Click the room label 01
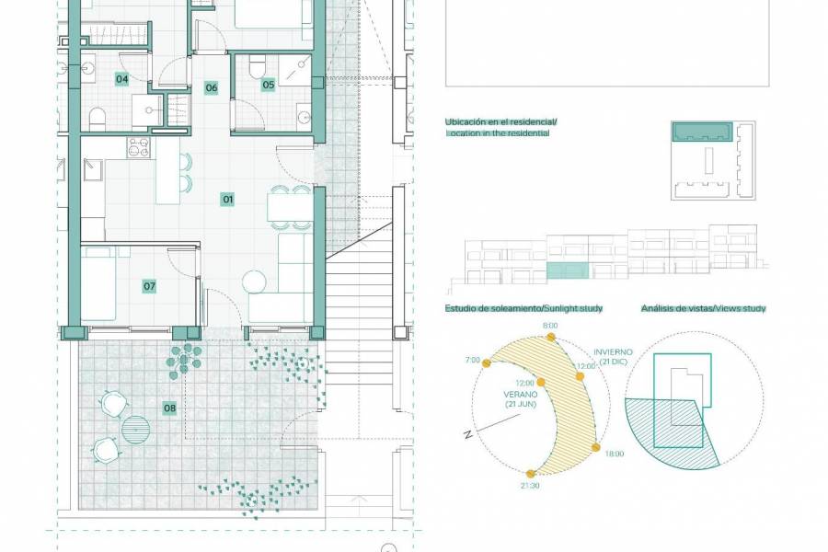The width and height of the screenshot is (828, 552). pyautogui.click(x=228, y=199)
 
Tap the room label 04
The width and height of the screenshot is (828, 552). pyautogui.click(x=121, y=79)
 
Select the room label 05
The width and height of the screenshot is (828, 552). pyautogui.click(x=269, y=85)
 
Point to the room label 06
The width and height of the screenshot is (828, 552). pyautogui.click(x=212, y=88)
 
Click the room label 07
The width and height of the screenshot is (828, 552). pyautogui.click(x=149, y=286)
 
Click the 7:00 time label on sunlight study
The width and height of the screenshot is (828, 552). pyautogui.click(x=473, y=360)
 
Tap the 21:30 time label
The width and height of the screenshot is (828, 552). pyautogui.click(x=530, y=485)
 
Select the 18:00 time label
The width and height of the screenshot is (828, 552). pyautogui.click(x=615, y=454)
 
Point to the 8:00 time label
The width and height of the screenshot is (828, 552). pyautogui.click(x=550, y=327)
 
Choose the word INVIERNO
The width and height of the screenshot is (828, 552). pyautogui.click(x=613, y=351)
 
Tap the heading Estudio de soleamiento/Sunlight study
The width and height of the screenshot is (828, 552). pyautogui.click(x=523, y=308)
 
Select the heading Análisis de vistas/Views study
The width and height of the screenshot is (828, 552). pyautogui.click(x=703, y=308)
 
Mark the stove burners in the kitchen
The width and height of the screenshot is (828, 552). pyautogui.click(x=138, y=147)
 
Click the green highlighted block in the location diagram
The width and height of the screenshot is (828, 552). pyautogui.click(x=701, y=133)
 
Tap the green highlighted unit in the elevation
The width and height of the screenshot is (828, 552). pyautogui.click(x=567, y=270)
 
